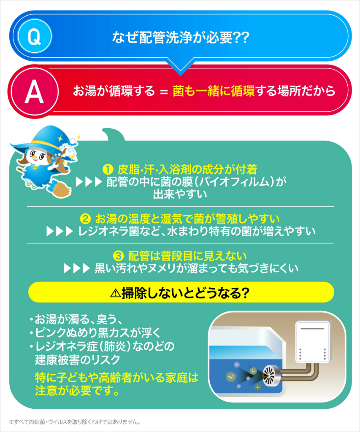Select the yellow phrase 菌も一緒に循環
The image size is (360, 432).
(x=214, y=91)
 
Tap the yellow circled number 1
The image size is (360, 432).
(x=108, y=169)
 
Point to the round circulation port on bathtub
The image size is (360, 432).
(x=269, y=375)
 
